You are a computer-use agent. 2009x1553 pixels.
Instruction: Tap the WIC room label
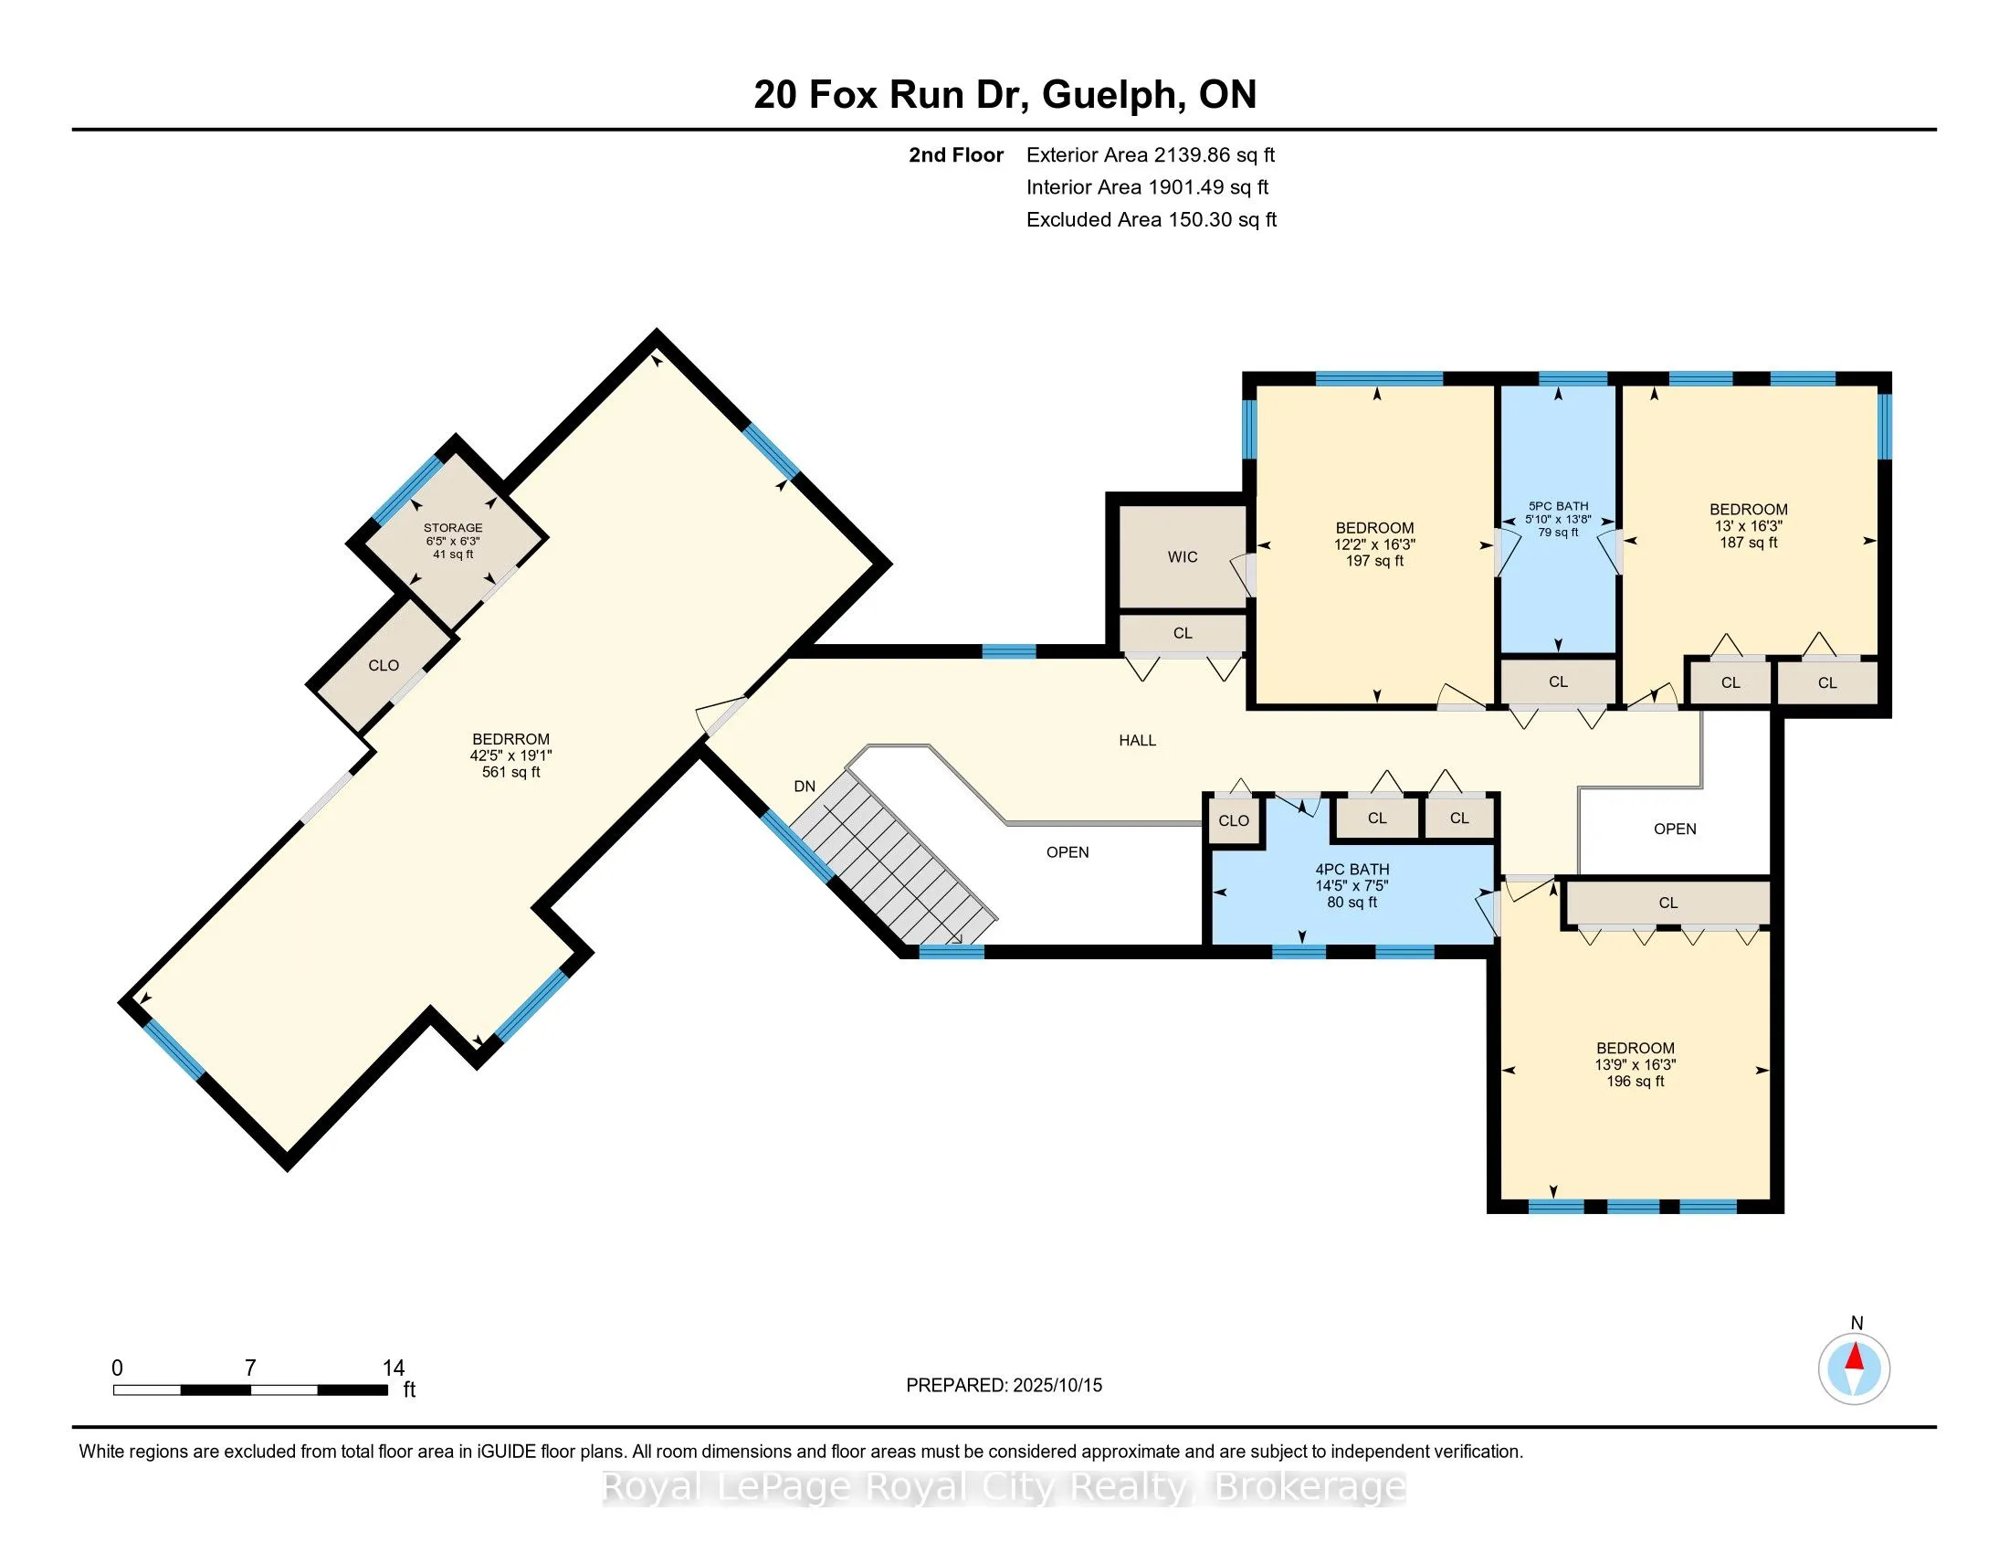(x=1182, y=556)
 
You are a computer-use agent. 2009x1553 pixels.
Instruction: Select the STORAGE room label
(x=453, y=528)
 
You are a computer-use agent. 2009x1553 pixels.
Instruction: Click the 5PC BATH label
(x=1558, y=506)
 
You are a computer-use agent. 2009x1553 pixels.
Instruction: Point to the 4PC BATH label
(x=1352, y=870)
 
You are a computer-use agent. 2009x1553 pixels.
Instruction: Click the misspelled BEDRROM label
(x=510, y=739)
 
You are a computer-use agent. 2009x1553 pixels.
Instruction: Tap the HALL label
(x=1137, y=740)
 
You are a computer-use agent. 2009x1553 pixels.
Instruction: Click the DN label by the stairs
(x=804, y=786)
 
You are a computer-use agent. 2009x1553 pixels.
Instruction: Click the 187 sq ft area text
(x=1748, y=543)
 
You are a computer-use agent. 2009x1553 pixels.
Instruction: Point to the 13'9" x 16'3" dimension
(x=1635, y=1064)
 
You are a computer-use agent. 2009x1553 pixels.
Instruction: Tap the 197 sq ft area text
(x=1374, y=560)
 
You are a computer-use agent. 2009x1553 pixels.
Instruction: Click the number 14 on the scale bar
(x=394, y=1368)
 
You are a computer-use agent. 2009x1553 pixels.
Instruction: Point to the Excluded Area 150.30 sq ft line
(x=1152, y=220)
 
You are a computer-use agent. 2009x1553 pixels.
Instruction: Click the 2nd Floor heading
(x=956, y=155)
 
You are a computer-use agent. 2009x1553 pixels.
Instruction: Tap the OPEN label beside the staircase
(x=1067, y=852)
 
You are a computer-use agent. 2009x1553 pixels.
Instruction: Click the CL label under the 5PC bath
(x=1557, y=681)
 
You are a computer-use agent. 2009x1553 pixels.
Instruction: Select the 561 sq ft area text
(x=510, y=772)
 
